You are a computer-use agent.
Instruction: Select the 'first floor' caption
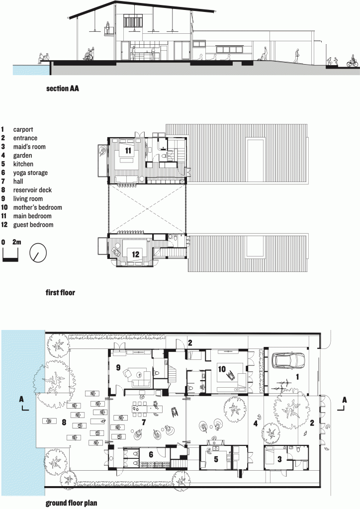click(60, 292)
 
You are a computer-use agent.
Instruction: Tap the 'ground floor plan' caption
click(71, 503)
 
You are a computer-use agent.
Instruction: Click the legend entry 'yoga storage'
click(30, 172)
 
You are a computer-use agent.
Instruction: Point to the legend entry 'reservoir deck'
click(32, 190)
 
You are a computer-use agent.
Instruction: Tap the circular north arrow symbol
click(38, 253)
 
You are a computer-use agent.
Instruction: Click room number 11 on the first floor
click(127, 150)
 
